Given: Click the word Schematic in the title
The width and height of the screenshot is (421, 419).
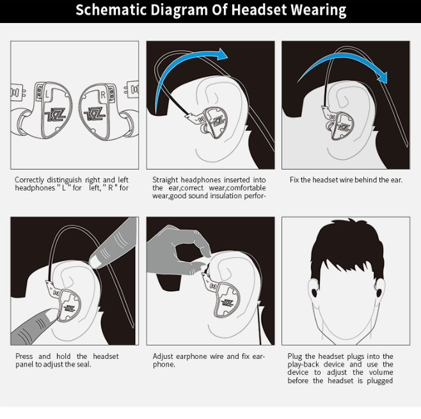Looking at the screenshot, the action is click(111, 10).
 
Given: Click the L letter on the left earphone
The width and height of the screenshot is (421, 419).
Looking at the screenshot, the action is click(47, 94).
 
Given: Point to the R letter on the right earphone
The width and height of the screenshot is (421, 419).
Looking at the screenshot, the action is click(103, 95).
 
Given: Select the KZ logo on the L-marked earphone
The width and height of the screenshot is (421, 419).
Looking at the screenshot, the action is click(56, 115).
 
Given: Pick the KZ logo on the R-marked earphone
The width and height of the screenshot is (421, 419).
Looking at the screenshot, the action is click(95, 114).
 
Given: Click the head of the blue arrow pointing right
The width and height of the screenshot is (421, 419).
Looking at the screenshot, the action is click(222, 54).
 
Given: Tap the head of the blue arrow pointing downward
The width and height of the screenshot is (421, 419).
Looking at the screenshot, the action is click(383, 77).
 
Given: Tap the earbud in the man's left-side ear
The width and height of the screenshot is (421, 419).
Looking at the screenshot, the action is click(315, 293).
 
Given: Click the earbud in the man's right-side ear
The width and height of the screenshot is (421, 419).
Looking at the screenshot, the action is click(379, 293).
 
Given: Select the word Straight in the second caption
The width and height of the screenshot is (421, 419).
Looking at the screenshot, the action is click(165, 180).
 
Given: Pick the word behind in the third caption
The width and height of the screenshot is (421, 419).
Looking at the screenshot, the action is click(366, 180).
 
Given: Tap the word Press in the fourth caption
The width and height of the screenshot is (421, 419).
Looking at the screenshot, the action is click(24, 356).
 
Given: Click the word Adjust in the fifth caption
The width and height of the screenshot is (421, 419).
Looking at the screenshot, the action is click(163, 356).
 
